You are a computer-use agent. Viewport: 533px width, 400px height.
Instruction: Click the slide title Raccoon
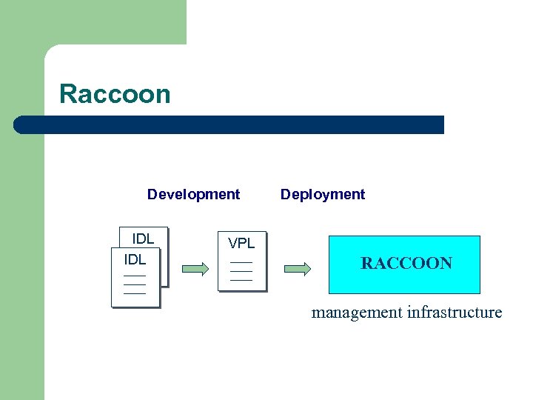(x=115, y=94)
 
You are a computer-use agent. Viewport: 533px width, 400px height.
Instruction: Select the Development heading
(x=193, y=194)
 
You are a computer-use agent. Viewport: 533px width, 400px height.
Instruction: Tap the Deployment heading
(x=322, y=194)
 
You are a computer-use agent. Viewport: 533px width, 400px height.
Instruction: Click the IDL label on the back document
(x=143, y=239)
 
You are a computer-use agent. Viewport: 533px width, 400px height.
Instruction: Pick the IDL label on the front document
(x=135, y=259)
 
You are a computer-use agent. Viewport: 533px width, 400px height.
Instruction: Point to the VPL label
(x=241, y=243)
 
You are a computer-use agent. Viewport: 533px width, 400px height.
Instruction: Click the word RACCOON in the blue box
(x=406, y=263)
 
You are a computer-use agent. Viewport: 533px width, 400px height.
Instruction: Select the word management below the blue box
(x=357, y=312)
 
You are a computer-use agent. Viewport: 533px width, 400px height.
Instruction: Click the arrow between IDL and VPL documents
(x=195, y=269)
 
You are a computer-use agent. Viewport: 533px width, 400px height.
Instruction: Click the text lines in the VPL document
(x=241, y=271)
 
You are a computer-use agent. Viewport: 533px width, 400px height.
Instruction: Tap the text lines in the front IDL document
(x=135, y=284)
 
